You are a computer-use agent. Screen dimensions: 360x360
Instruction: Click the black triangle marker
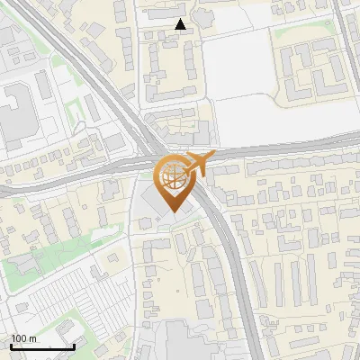(181, 25)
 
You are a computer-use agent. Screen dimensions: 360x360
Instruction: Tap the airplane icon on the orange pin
(199, 164)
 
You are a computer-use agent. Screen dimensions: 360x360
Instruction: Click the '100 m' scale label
(24, 338)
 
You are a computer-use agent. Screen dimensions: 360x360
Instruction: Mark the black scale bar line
(42, 346)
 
